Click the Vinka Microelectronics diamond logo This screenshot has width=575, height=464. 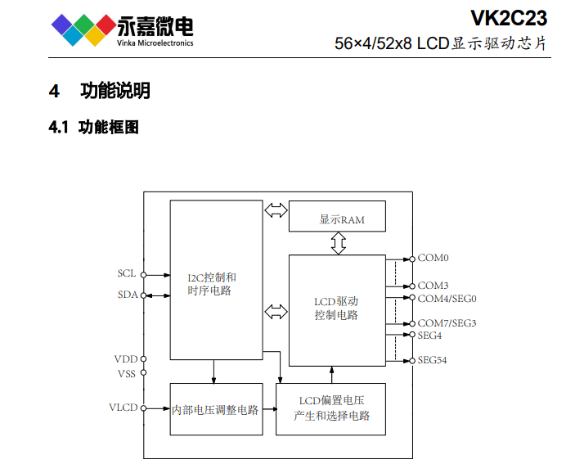[80, 29]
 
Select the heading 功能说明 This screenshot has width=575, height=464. [115, 91]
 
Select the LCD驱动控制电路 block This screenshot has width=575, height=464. [336, 309]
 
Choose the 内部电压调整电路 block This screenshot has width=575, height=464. [216, 409]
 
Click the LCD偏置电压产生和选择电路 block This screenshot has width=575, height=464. [331, 408]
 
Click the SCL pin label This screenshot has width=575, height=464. [127, 273]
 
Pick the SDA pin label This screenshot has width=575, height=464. [127, 295]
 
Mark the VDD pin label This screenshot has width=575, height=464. [126, 358]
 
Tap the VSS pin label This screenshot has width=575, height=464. [127, 374]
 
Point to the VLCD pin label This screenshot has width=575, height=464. [124, 407]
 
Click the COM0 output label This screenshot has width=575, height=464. [433, 258]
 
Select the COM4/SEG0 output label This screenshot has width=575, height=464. [447, 299]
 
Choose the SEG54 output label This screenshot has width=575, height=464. [433, 360]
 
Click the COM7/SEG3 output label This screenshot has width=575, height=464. [447, 323]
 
